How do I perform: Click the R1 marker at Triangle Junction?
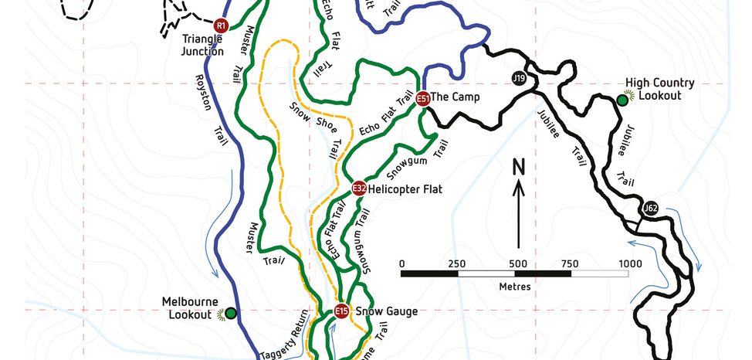[x=221, y=25]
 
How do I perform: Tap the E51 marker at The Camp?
[x=422, y=98]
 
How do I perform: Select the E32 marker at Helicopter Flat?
[x=358, y=188]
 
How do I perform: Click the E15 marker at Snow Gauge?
[x=342, y=311]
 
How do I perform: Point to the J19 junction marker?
[x=519, y=78]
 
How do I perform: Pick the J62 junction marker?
[x=651, y=208]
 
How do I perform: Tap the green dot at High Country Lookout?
[x=622, y=99]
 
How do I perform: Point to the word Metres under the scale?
[x=515, y=287]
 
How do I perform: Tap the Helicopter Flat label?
[x=405, y=188]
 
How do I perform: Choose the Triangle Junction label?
[x=203, y=45]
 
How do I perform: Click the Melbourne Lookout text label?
[x=190, y=307]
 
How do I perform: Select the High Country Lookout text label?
[x=659, y=89]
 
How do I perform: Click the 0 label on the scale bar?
[x=402, y=263]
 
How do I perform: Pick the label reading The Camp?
[x=456, y=97]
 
